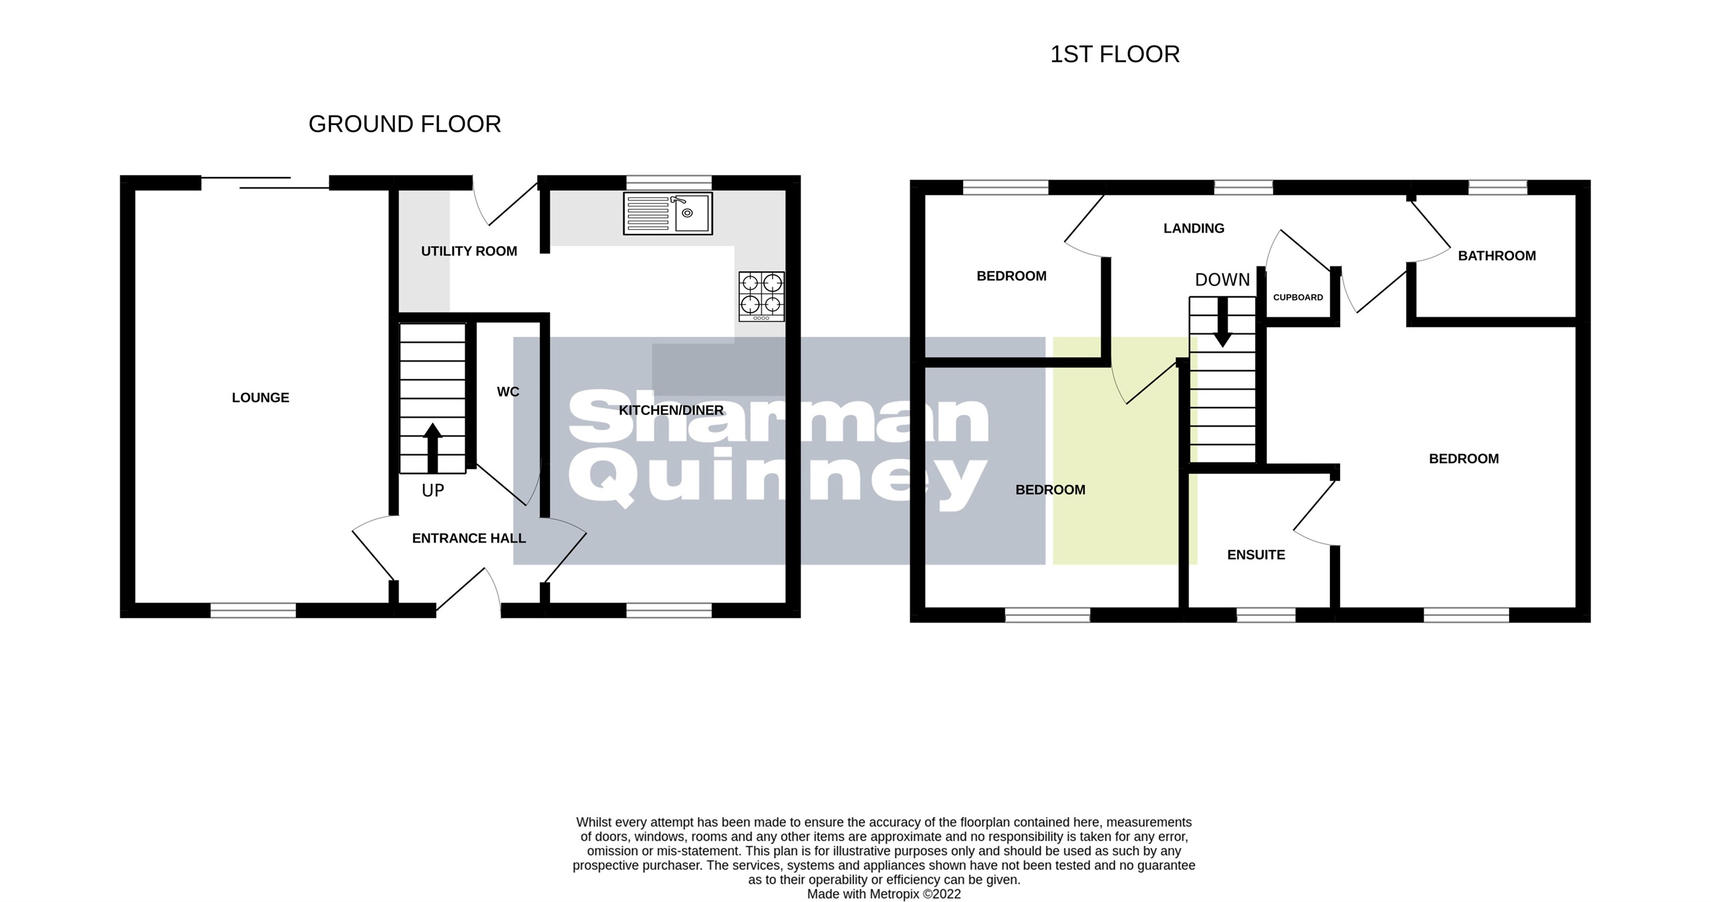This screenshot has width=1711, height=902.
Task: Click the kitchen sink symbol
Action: click(667, 213)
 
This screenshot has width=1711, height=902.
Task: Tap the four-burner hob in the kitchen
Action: click(761, 296)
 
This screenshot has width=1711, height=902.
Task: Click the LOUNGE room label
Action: click(260, 398)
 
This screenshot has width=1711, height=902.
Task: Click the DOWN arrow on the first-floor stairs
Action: click(1222, 322)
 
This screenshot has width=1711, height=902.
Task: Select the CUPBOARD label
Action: click(1297, 297)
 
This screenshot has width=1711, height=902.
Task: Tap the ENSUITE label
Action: click(1256, 555)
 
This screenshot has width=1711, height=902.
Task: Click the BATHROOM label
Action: click(1496, 256)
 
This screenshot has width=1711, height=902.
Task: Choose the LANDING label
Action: click(1194, 229)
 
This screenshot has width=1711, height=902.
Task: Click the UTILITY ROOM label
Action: click(469, 251)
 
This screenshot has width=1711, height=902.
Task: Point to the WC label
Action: click(508, 392)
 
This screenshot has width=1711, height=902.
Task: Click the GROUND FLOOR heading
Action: click(404, 124)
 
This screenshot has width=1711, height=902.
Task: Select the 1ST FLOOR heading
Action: click(1115, 55)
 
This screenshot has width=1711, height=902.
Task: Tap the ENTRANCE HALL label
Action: click(469, 539)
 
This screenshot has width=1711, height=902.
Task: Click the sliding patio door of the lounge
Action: click(265, 182)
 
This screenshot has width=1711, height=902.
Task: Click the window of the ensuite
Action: click(1266, 615)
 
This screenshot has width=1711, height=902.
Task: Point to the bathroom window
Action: click(1497, 187)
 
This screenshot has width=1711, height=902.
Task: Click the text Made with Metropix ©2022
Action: click(884, 894)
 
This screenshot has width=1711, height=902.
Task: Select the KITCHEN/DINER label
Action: click(671, 410)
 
